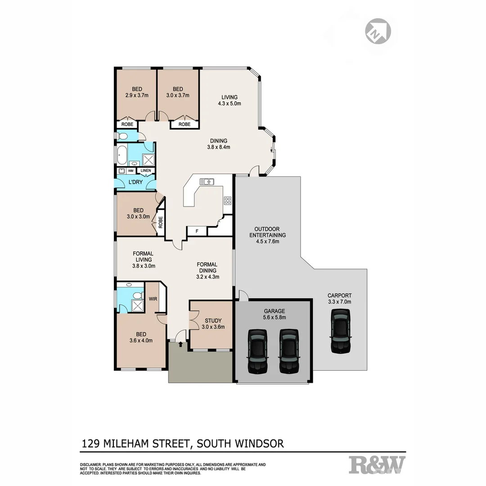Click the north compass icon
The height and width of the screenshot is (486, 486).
click(x=378, y=31)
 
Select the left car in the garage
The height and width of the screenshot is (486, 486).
click(x=257, y=351)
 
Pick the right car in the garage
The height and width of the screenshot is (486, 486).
click(x=288, y=351)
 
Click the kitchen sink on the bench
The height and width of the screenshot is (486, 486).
click(x=207, y=181)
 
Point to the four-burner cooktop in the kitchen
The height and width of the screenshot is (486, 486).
click(x=228, y=201)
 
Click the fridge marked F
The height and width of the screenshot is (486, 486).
click(x=196, y=231)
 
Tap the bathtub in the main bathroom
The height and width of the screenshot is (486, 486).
click(x=122, y=154)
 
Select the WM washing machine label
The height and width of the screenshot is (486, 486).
click(x=130, y=171)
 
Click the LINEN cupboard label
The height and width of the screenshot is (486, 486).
click(x=145, y=171)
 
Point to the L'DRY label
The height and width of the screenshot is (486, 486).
click(x=136, y=182)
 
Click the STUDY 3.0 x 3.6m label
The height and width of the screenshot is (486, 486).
click(x=213, y=324)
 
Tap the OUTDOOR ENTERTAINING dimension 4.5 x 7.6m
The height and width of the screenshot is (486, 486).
click(x=267, y=241)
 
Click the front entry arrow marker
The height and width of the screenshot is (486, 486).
click(x=181, y=344)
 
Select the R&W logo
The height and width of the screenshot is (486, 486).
click(x=377, y=464)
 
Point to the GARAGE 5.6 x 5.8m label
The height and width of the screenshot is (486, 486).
click(x=274, y=314)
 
